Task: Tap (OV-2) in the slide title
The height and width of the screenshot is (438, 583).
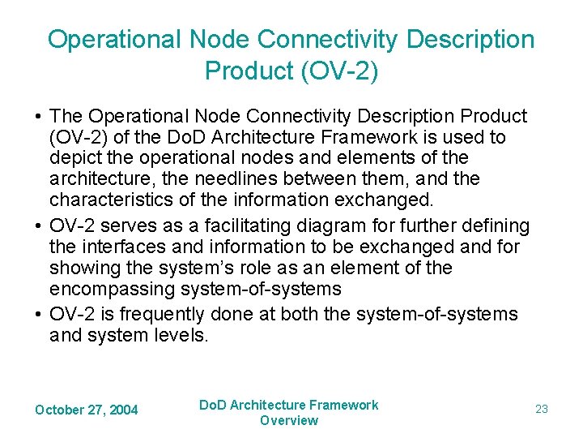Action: tap(338, 71)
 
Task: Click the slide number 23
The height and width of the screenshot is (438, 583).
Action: tap(542, 410)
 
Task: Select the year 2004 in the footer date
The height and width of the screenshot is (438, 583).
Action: tap(123, 410)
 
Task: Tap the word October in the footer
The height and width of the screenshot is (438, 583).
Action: tap(59, 410)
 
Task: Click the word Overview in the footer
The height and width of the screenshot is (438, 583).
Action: tap(289, 420)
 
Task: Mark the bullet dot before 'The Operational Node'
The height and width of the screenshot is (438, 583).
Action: tap(37, 117)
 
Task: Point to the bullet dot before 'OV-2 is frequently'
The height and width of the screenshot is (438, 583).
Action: tap(37, 315)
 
